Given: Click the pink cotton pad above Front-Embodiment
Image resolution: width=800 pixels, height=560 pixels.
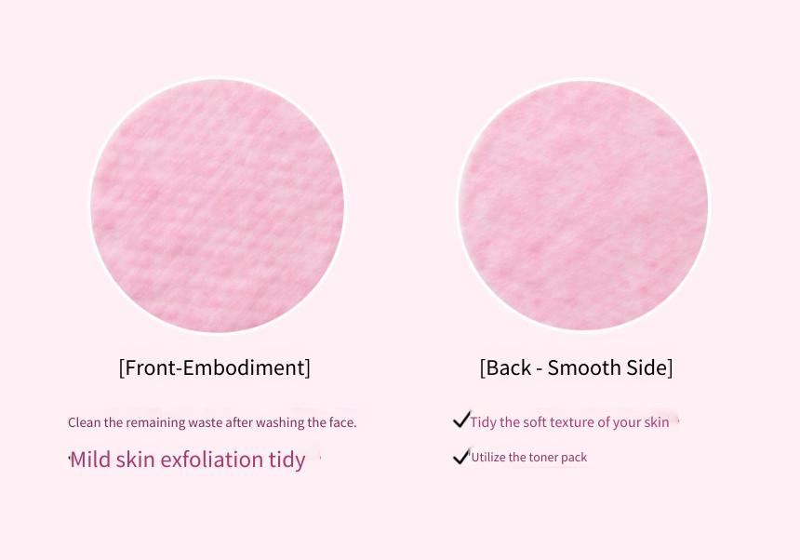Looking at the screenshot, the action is pos(217,205).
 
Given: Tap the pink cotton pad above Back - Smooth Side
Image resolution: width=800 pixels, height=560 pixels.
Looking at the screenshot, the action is pos(583,205).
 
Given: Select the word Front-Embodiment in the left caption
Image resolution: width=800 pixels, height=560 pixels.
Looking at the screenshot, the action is pos(214,367).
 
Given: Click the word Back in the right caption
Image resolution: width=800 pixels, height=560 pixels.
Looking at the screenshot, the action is pos(509,367).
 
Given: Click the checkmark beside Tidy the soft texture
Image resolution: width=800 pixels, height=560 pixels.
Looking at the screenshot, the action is pos(461,420).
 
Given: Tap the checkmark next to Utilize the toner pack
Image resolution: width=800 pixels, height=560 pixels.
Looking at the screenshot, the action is pos(461,456).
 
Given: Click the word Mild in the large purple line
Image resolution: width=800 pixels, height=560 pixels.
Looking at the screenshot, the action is pos(90,459).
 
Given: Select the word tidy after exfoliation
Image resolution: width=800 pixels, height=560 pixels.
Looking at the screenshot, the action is pos(287,460).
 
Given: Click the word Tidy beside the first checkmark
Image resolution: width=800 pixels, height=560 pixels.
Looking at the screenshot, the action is pos(483,422).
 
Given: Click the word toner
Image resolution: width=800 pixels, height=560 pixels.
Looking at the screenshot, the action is pos(543,457).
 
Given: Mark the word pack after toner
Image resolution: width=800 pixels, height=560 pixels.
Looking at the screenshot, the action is pos(574,458).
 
